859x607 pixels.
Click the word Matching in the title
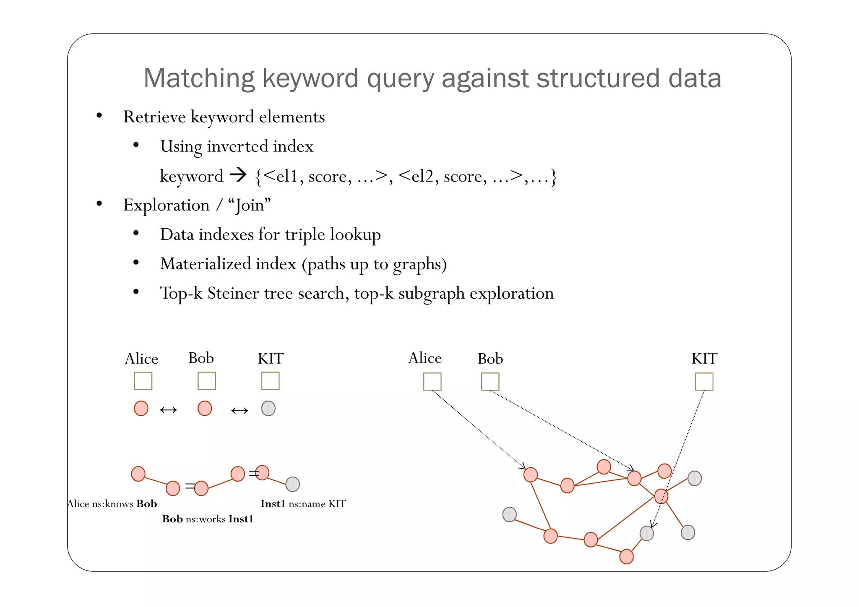point(199,78)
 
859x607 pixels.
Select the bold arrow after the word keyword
point(238,175)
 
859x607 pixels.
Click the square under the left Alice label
point(143,381)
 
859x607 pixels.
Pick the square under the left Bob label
point(206,381)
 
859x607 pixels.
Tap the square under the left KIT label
point(270,381)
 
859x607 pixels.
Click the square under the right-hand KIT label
point(704,382)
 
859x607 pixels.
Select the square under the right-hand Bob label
point(490,382)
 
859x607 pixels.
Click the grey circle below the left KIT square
point(268,408)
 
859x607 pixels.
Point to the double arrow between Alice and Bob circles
point(169,410)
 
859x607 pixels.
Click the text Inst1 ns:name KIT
point(303,504)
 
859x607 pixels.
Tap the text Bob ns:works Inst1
point(208,519)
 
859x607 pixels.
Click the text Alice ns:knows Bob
point(112,504)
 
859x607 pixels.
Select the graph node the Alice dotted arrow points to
point(530,474)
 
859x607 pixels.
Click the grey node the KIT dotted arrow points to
point(646,533)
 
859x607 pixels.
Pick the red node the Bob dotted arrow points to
point(634,478)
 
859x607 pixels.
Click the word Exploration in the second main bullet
point(167,205)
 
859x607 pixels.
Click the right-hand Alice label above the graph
point(425,358)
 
